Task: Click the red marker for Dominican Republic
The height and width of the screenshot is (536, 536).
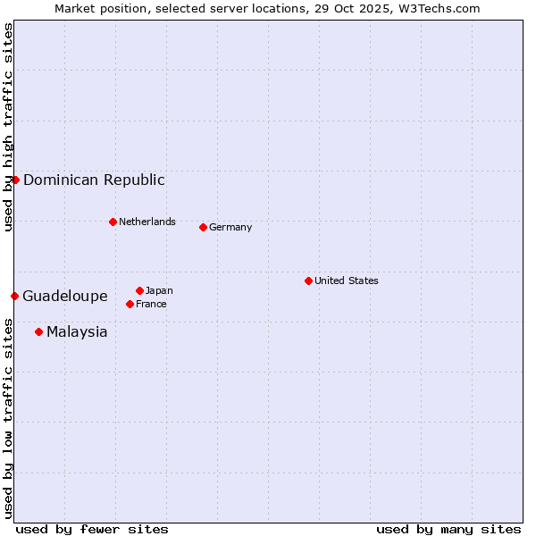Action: pyautogui.click(x=15, y=180)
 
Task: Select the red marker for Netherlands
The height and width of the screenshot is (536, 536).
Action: pyautogui.click(x=113, y=222)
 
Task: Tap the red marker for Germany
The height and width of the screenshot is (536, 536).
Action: pyautogui.click(x=203, y=227)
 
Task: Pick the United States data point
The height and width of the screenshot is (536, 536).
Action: pyautogui.click(x=308, y=281)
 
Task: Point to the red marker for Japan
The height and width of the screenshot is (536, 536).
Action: pyautogui.click(x=139, y=290)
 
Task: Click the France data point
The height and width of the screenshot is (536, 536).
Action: pyautogui.click(x=130, y=304)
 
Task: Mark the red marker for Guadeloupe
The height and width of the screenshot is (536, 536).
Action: pyautogui.click(x=14, y=296)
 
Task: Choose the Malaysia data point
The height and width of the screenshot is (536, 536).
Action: pyautogui.click(x=38, y=331)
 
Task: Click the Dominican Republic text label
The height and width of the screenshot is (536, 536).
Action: pyautogui.click(x=94, y=180)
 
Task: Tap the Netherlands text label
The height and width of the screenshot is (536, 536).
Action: pyautogui.click(x=147, y=222)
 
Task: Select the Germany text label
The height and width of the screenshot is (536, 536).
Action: pyautogui.click(x=230, y=227)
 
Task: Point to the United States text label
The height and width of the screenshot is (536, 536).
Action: pyautogui.click(x=347, y=281)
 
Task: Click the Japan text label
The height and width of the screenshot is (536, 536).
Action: pyautogui.click(x=159, y=290)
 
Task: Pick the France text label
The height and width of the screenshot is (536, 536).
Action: pyautogui.click(x=151, y=304)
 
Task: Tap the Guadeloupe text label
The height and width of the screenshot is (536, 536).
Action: pyautogui.click(x=65, y=296)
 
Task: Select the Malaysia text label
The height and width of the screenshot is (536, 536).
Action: pyautogui.click(x=77, y=331)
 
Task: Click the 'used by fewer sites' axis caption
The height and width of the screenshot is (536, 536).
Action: pyautogui.click(x=92, y=529)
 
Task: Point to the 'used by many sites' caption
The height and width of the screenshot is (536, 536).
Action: pyautogui.click(x=448, y=529)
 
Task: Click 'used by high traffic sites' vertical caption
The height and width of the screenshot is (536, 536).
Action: pyautogui.click(x=9, y=127)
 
